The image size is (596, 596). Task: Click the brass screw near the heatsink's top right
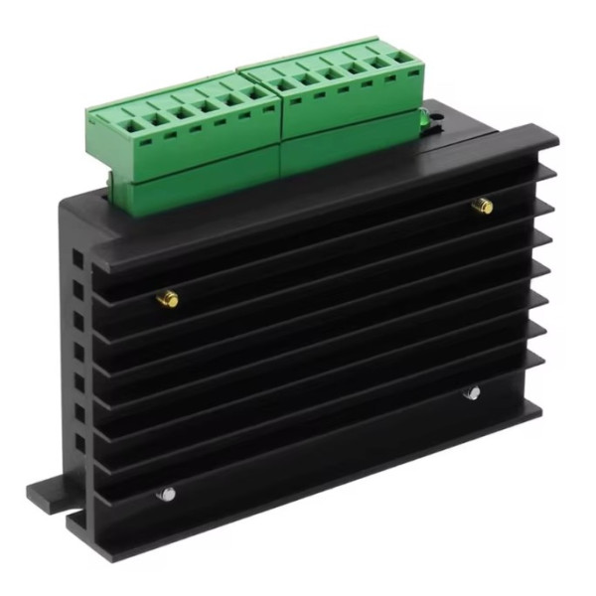coord(482,206)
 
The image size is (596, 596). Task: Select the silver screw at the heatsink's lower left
coord(166,493)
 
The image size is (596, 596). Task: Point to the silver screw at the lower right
coord(472,393)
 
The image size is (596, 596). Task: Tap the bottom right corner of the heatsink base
coord(541,408)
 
